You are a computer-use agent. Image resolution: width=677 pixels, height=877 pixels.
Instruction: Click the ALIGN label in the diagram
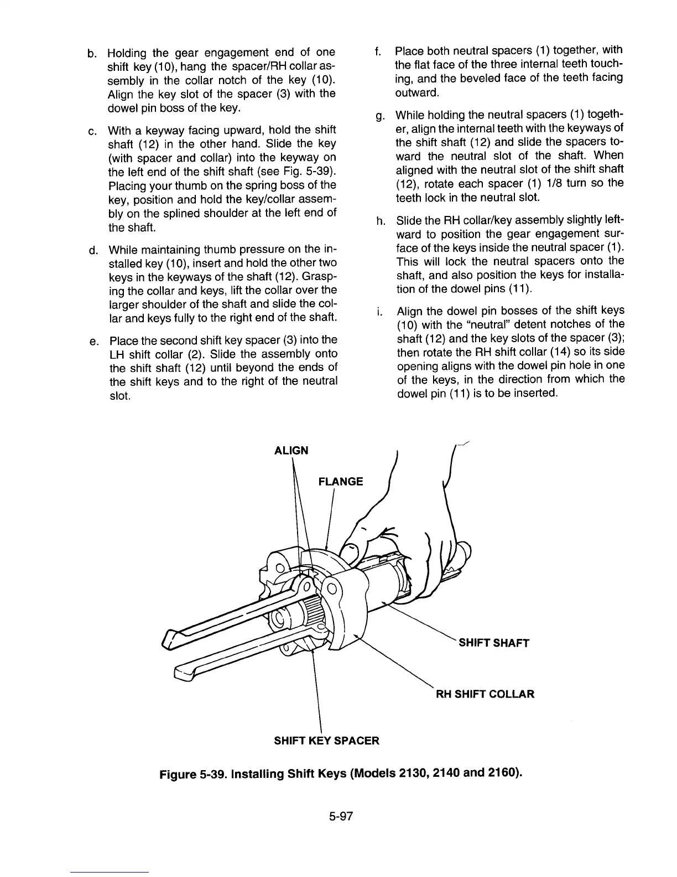[x=291, y=450]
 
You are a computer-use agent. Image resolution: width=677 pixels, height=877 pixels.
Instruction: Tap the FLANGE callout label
[x=341, y=481]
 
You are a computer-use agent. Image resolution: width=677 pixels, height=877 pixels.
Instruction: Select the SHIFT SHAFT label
[x=494, y=643]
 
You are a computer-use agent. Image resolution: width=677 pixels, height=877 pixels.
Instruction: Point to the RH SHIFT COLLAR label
[x=486, y=694]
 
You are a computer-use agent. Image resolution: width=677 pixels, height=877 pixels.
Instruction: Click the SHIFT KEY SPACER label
[x=327, y=740]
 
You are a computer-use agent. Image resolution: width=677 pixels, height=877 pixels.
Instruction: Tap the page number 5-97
[x=340, y=816]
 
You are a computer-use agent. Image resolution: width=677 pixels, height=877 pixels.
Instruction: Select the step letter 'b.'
[x=92, y=53]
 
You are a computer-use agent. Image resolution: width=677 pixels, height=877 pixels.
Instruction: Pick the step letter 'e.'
[x=93, y=341]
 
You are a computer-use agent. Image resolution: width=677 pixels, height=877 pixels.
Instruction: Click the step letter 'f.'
[x=378, y=52]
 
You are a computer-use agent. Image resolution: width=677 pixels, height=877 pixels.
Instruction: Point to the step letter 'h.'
[x=381, y=221]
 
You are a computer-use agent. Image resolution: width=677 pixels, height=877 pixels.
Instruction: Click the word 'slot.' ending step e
[x=120, y=396]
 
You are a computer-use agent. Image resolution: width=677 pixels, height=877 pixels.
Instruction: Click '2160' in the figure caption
[x=503, y=772]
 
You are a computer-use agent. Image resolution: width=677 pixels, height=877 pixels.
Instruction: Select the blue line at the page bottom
[x=110, y=872]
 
